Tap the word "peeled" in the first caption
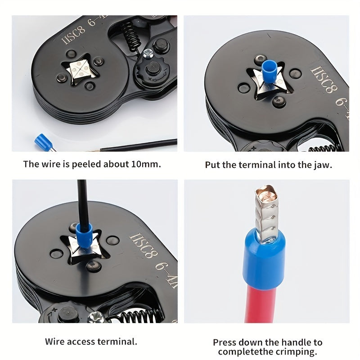click(x=84, y=164)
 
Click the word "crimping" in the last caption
click(x=302, y=352)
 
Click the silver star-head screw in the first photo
click(x=147, y=55)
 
